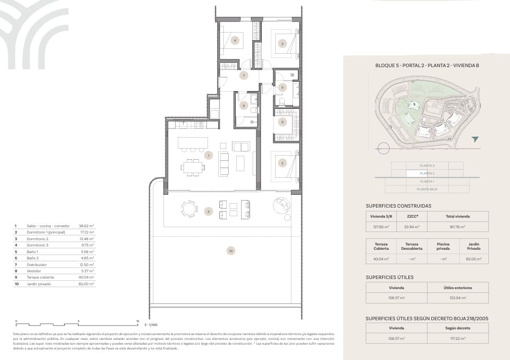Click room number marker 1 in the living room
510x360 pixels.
tap(208, 155)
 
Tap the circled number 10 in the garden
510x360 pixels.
tap(231, 251)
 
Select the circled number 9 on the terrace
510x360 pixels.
tap(208, 211)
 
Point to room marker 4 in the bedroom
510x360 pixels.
tap(235, 40)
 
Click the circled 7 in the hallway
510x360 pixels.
tap(243, 75)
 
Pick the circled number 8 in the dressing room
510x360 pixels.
tap(283, 122)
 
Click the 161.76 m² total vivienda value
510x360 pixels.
tap(458, 227)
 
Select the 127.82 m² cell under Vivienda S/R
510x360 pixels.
tap(382, 227)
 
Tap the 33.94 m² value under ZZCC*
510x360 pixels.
tap(412, 227)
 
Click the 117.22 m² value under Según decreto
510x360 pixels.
tap(458, 338)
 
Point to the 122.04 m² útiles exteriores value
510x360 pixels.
tap(458, 298)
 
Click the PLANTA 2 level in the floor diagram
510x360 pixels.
tap(427, 173)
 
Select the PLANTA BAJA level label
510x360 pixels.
tap(427, 189)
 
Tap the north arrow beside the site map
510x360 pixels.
tap(475, 139)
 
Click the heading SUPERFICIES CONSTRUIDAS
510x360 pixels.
tap(398, 206)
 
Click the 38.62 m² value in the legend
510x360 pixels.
tap(86, 225)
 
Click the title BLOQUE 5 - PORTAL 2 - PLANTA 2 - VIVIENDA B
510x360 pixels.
tap(427, 66)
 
